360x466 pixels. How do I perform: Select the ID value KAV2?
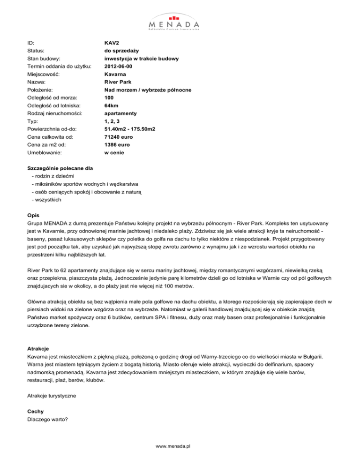[112, 42]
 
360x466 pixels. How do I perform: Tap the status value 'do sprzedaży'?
[121, 50]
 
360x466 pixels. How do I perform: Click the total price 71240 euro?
[119, 136]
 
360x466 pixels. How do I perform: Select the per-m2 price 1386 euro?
[117, 144]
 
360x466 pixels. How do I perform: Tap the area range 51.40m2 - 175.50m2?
[130, 129]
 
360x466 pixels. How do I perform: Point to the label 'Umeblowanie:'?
[45, 152]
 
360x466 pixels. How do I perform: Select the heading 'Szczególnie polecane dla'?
[62, 168]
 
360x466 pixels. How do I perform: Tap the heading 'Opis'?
[34, 216]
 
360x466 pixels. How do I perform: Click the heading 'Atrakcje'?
[39, 349]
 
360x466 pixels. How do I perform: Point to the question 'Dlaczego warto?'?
[48, 420]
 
